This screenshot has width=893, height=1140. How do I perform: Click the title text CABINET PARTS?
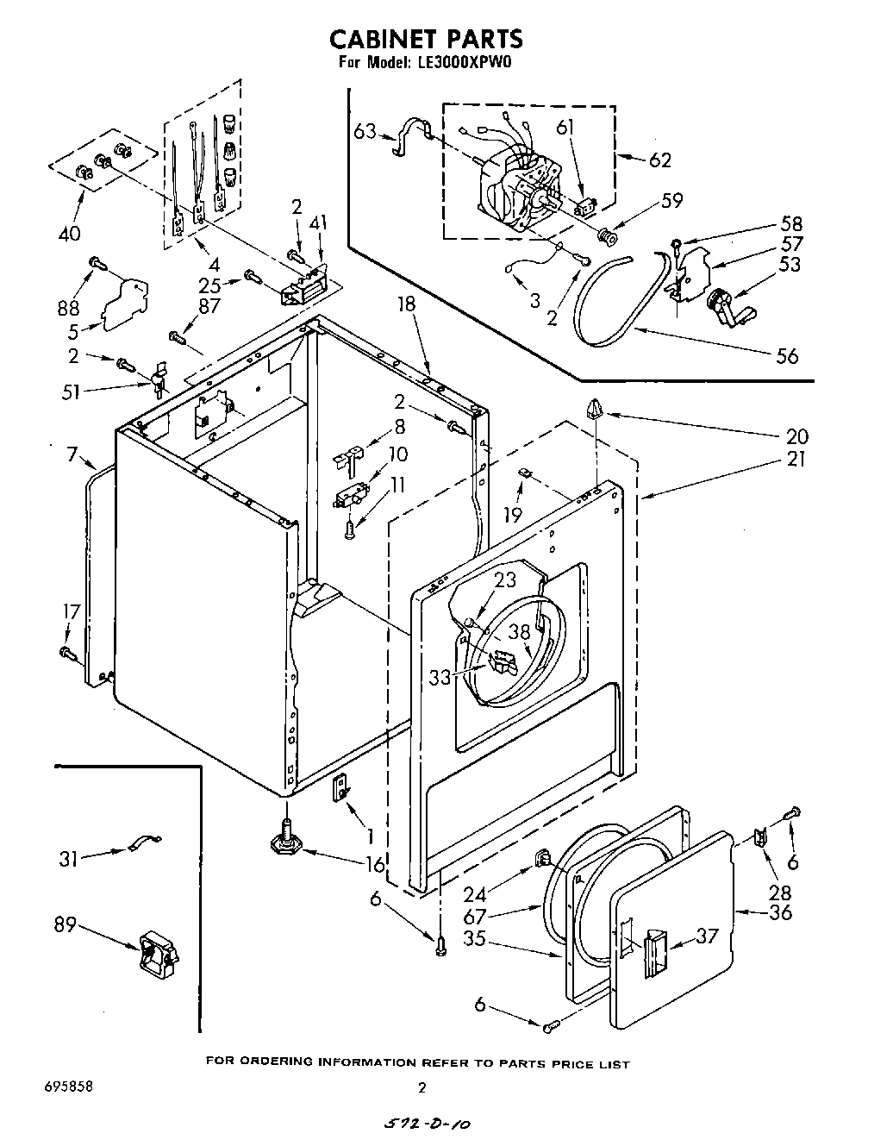(426, 39)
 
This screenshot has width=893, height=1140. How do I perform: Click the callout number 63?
(365, 132)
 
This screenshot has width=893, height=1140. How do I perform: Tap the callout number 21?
(795, 459)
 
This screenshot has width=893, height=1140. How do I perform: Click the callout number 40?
(69, 233)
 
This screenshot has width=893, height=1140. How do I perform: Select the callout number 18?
(407, 304)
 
